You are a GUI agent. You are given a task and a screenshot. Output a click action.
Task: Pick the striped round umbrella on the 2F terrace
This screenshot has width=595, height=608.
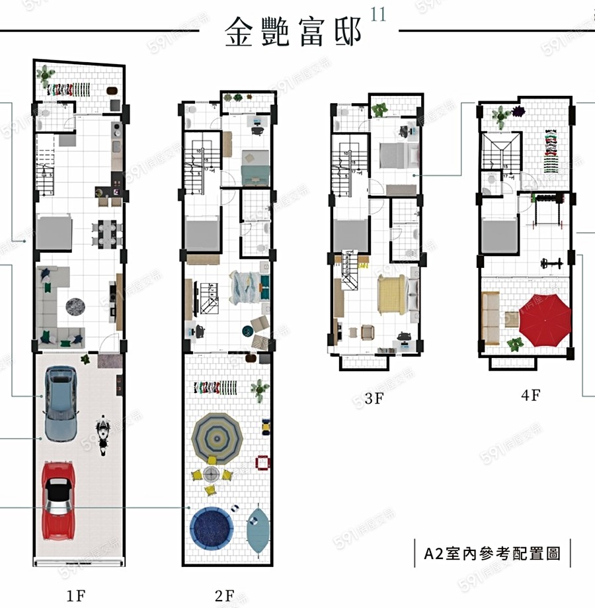pyautogui.click(x=218, y=435)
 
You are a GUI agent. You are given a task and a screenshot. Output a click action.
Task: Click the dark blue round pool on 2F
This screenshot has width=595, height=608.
pyautogui.click(x=212, y=527)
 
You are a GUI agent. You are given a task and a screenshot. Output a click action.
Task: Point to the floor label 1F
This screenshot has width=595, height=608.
pyautogui.click(x=77, y=595)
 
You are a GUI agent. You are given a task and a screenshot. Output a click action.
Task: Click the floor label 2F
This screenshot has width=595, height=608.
pyautogui.click(x=225, y=595)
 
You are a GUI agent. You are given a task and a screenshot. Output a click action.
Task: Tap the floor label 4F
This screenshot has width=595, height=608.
pyautogui.click(x=530, y=396)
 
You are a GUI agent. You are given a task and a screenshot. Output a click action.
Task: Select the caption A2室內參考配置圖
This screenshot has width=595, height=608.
pyautogui.click(x=492, y=553)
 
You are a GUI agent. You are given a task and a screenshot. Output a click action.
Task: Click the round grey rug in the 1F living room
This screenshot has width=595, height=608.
pyautogui.click(x=75, y=306)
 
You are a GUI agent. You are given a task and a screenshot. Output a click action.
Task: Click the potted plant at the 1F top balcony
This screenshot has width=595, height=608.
pyautogui.click(x=46, y=75)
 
